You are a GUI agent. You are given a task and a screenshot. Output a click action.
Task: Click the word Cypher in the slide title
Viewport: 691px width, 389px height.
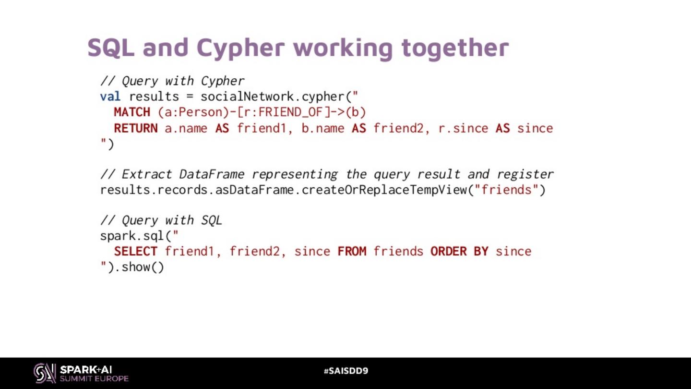240,48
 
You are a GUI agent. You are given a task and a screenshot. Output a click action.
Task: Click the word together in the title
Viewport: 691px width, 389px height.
455,48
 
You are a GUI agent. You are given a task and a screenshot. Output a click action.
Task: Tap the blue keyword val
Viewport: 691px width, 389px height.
110,97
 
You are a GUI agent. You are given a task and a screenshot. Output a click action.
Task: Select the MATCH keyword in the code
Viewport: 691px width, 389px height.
132,112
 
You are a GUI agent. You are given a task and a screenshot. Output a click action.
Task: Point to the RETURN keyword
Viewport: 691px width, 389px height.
136,128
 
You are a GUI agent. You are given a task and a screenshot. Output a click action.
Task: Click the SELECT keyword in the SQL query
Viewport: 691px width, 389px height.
136,251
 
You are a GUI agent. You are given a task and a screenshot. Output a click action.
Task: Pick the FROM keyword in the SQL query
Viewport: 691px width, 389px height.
352,251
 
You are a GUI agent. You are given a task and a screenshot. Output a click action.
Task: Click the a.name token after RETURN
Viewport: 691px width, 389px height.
186,128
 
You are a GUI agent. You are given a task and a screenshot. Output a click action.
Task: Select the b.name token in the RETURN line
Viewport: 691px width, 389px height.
323,128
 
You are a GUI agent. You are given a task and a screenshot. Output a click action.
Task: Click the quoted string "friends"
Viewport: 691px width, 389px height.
507,190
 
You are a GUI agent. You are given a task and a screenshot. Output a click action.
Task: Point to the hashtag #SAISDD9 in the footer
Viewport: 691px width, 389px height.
345,371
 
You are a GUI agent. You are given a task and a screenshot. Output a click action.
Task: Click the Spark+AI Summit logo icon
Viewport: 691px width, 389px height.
45,373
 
